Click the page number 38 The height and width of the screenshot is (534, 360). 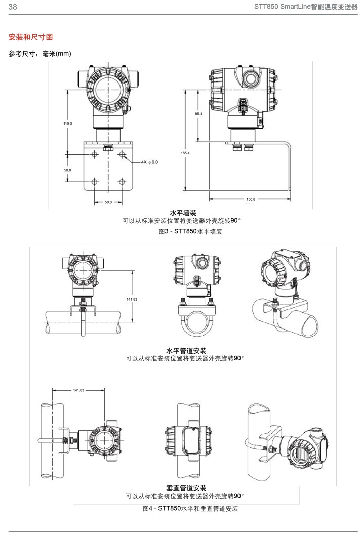(x=12, y=7)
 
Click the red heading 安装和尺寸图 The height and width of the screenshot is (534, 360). (x=31, y=37)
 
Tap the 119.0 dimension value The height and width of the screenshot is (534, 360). (x=68, y=124)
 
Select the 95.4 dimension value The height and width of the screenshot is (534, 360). (x=198, y=114)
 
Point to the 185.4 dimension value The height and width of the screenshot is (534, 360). (x=185, y=153)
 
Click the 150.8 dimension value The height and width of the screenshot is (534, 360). (x=250, y=199)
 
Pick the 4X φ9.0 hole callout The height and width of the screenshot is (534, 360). (x=149, y=162)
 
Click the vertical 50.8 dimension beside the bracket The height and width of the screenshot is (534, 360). (x=68, y=170)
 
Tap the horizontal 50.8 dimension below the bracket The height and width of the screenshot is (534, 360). (x=108, y=202)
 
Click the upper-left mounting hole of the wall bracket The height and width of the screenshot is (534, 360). (x=95, y=154)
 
